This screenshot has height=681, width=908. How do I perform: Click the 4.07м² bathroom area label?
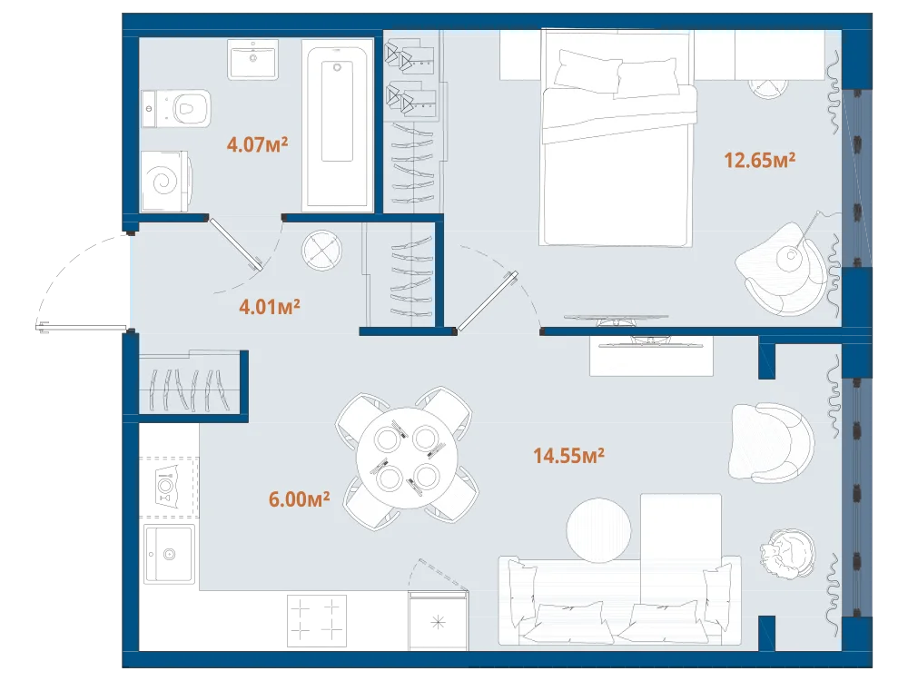tap(257, 143)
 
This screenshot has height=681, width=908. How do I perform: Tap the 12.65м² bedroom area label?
tap(759, 159)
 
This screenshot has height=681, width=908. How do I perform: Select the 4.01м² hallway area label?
tap(270, 306)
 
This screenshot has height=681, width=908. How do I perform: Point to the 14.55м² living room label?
tap(568, 456)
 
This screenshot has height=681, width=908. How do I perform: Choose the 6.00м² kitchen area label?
tap(299, 498)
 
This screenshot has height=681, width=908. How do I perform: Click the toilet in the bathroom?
tap(176, 108)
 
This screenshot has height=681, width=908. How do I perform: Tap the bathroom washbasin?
tap(252, 59)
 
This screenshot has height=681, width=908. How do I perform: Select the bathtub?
tap(337, 125)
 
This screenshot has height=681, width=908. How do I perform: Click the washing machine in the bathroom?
tap(165, 181)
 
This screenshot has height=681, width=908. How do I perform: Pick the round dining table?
tap(407, 458)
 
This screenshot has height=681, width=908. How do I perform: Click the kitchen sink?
tap(169, 554)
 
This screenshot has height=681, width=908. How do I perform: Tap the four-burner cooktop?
tap(317, 621)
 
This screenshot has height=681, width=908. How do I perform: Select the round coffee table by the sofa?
tap(598, 530)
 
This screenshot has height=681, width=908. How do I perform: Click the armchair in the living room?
tap(771, 443)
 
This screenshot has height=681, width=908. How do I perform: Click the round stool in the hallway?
tap(322, 251)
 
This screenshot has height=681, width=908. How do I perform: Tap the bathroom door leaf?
tap(236, 243)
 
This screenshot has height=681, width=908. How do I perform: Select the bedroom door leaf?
tap(487, 301)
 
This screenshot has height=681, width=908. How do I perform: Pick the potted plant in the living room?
tap(787, 553)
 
